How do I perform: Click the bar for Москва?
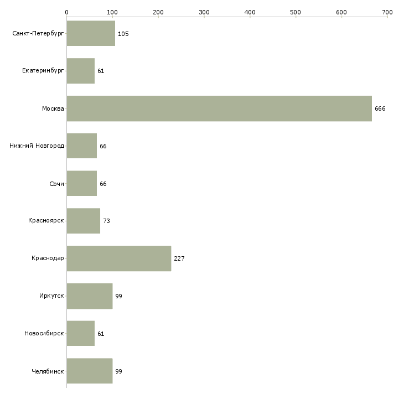click(x=219, y=108)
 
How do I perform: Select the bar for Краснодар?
click(x=118, y=258)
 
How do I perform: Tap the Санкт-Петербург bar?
click(x=91, y=34)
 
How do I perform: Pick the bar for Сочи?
click(x=81, y=184)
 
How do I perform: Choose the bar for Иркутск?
click(x=89, y=296)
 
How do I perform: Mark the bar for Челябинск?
click(x=89, y=371)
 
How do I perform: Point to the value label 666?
click(x=380, y=108)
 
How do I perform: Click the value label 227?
click(x=179, y=258)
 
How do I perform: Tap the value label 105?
click(x=123, y=34)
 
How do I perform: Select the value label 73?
click(x=106, y=221)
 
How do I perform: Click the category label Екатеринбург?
click(x=43, y=71)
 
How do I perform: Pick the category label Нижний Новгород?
click(x=37, y=146)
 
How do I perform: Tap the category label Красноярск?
click(x=46, y=221)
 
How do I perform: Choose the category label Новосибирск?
click(x=44, y=334)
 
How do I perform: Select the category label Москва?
click(x=53, y=108)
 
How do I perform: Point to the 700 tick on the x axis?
click(x=387, y=12)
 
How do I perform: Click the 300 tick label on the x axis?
click(x=204, y=12)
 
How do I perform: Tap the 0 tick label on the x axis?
click(x=66, y=12)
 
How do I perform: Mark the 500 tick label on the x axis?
click(x=296, y=12)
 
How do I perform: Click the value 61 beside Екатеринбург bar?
click(x=101, y=71)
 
